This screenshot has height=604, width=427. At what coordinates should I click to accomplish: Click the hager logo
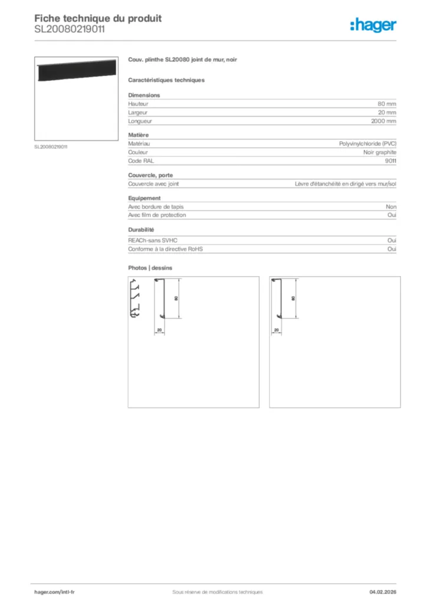(373, 25)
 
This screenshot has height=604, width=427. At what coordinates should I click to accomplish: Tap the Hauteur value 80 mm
(387, 104)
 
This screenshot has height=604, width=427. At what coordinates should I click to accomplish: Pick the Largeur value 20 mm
(387, 112)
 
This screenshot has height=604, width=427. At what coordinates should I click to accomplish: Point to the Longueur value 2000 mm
(383, 121)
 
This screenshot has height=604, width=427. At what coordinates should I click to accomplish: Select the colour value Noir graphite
(380, 152)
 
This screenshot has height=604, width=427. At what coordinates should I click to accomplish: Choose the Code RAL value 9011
(390, 160)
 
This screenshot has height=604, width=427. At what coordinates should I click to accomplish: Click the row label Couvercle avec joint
(153, 183)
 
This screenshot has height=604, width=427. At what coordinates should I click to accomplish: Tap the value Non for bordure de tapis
(391, 206)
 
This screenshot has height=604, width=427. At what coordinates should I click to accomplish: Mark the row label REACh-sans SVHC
(152, 241)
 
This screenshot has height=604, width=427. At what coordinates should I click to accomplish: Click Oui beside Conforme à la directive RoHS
(392, 249)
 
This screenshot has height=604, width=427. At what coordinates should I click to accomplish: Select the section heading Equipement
(144, 198)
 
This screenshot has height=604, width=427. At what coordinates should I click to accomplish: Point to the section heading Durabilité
(141, 229)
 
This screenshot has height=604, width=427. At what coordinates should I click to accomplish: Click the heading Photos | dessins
(150, 268)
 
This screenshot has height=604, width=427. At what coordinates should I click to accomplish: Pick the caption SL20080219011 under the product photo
(51, 146)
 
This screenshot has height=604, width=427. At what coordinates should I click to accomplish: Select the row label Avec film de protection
(157, 215)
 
